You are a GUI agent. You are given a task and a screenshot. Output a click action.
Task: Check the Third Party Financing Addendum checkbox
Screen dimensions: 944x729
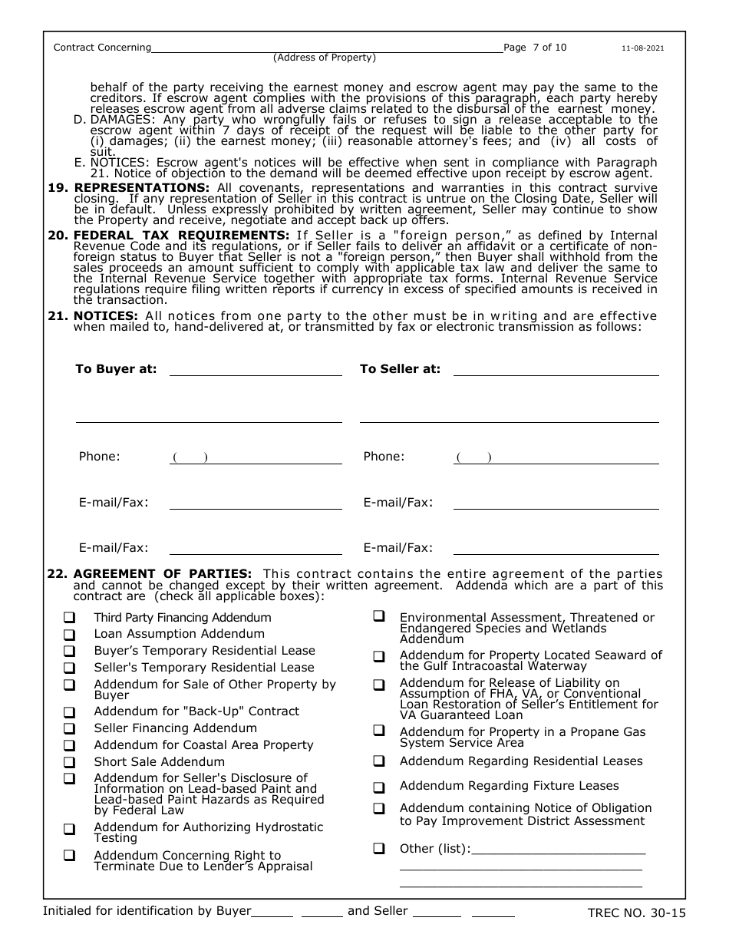pyautogui.click(x=69, y=618)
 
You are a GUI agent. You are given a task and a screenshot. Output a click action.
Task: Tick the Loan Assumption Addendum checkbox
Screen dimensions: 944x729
pyautogui.click(x=69, y=635)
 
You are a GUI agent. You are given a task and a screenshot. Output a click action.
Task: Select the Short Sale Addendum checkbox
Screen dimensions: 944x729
pyautogui.click(x=69, y=762)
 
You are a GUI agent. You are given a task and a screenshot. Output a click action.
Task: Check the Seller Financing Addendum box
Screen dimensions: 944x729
pyautogui.click(x=69, y=728)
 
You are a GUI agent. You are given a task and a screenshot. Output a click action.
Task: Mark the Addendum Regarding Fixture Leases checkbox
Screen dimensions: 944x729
pyautogui.click(x=379, y=787)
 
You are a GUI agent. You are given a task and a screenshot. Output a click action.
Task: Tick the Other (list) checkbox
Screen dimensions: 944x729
pyautogui.click(x=379, y=849)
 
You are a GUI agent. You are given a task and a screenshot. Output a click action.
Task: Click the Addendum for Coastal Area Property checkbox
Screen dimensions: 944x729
pyautogui.click(x=69, y=745)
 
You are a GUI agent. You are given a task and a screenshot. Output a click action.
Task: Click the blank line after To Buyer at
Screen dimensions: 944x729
pyautogui.click(x=256, y=370)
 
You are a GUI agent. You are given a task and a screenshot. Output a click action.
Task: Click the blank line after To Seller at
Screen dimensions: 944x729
pyautogui.click(x=556, y=370)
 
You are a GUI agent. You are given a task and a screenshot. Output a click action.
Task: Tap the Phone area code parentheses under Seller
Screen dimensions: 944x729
pyautogui.click(x=473, y=457)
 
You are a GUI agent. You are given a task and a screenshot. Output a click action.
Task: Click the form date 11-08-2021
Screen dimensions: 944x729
pyautogui.click(x=642, y=48)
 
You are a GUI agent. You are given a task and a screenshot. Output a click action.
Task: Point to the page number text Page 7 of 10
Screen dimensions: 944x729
pyautogui.click(x=535, y=48)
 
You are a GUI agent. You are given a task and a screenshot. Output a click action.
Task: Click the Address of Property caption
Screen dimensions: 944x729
pyautogui.click(x=325, y=58)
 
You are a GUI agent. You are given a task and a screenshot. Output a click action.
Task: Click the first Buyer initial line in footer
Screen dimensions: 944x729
pyautogui.click(x=272, y=912)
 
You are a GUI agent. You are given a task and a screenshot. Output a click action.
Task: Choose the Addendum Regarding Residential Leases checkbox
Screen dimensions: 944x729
pyautogui.click(x=379, y=761)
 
